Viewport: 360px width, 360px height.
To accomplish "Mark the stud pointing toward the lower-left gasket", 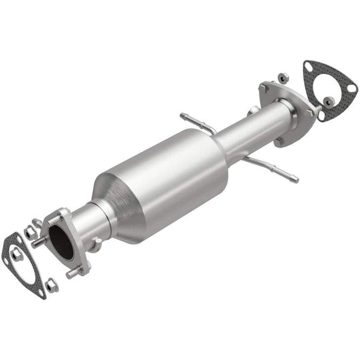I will click(x=38, y=243).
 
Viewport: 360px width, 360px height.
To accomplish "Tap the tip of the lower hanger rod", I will click(x=295, y=181).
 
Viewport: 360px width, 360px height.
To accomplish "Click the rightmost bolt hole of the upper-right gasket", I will click(x=352, y=88).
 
